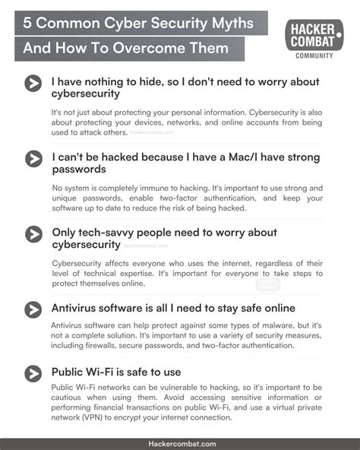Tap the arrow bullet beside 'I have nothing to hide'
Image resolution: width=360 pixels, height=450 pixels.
point(33,84)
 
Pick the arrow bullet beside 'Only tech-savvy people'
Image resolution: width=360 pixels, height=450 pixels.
point(33,233)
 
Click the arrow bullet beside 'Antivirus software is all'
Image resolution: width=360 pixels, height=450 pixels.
point(33,309)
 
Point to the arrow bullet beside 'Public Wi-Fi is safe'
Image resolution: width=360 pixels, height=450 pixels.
point(33,372)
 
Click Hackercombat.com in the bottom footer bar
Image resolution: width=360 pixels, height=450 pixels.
point(180,443)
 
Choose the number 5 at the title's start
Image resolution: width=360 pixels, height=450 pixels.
point(27,22)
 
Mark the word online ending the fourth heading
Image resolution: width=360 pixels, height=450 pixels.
point(271,309)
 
